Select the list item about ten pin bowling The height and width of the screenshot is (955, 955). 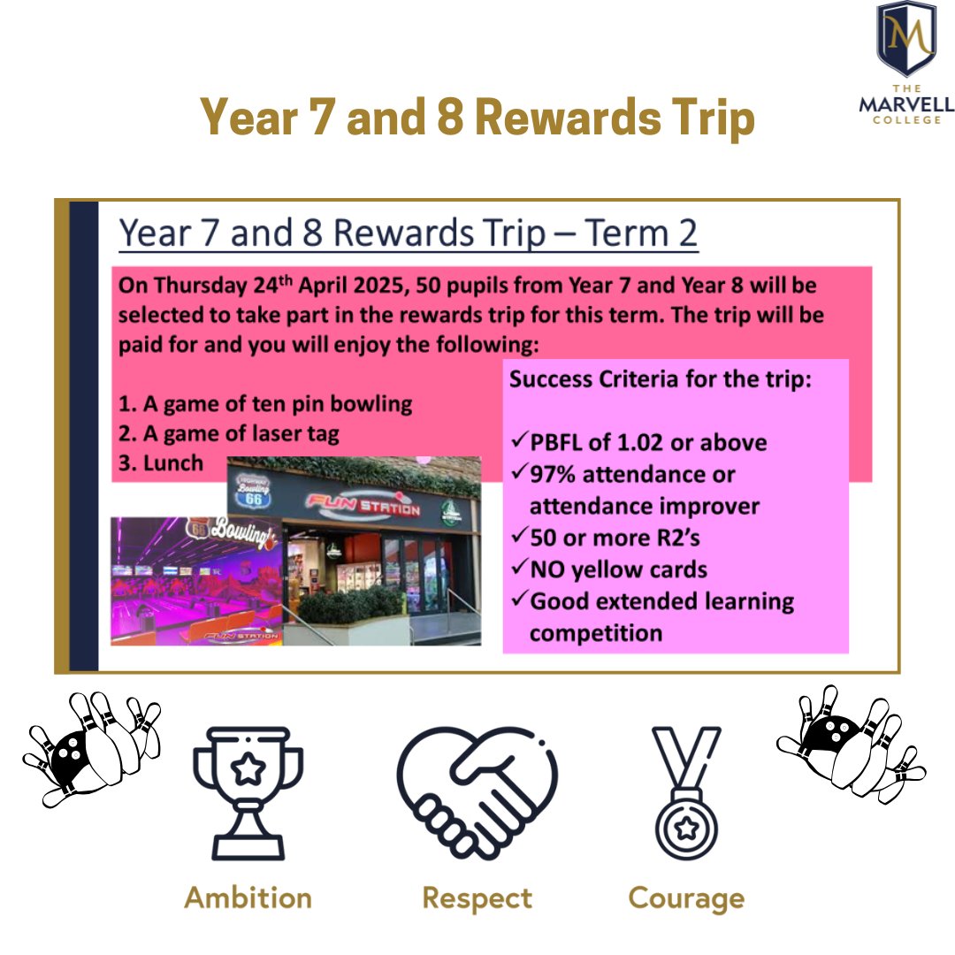[x=265, y=404]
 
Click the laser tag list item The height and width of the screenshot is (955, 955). [x=229, y=433]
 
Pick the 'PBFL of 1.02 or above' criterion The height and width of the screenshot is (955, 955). [x=647, y=442]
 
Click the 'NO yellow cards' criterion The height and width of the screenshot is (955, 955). [x=618, y=569]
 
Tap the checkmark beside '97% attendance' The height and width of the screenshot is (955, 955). [x=519, y=475]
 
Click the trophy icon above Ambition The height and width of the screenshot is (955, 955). [x=248, y=791]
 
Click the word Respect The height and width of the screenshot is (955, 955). [x=477, y=898]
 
